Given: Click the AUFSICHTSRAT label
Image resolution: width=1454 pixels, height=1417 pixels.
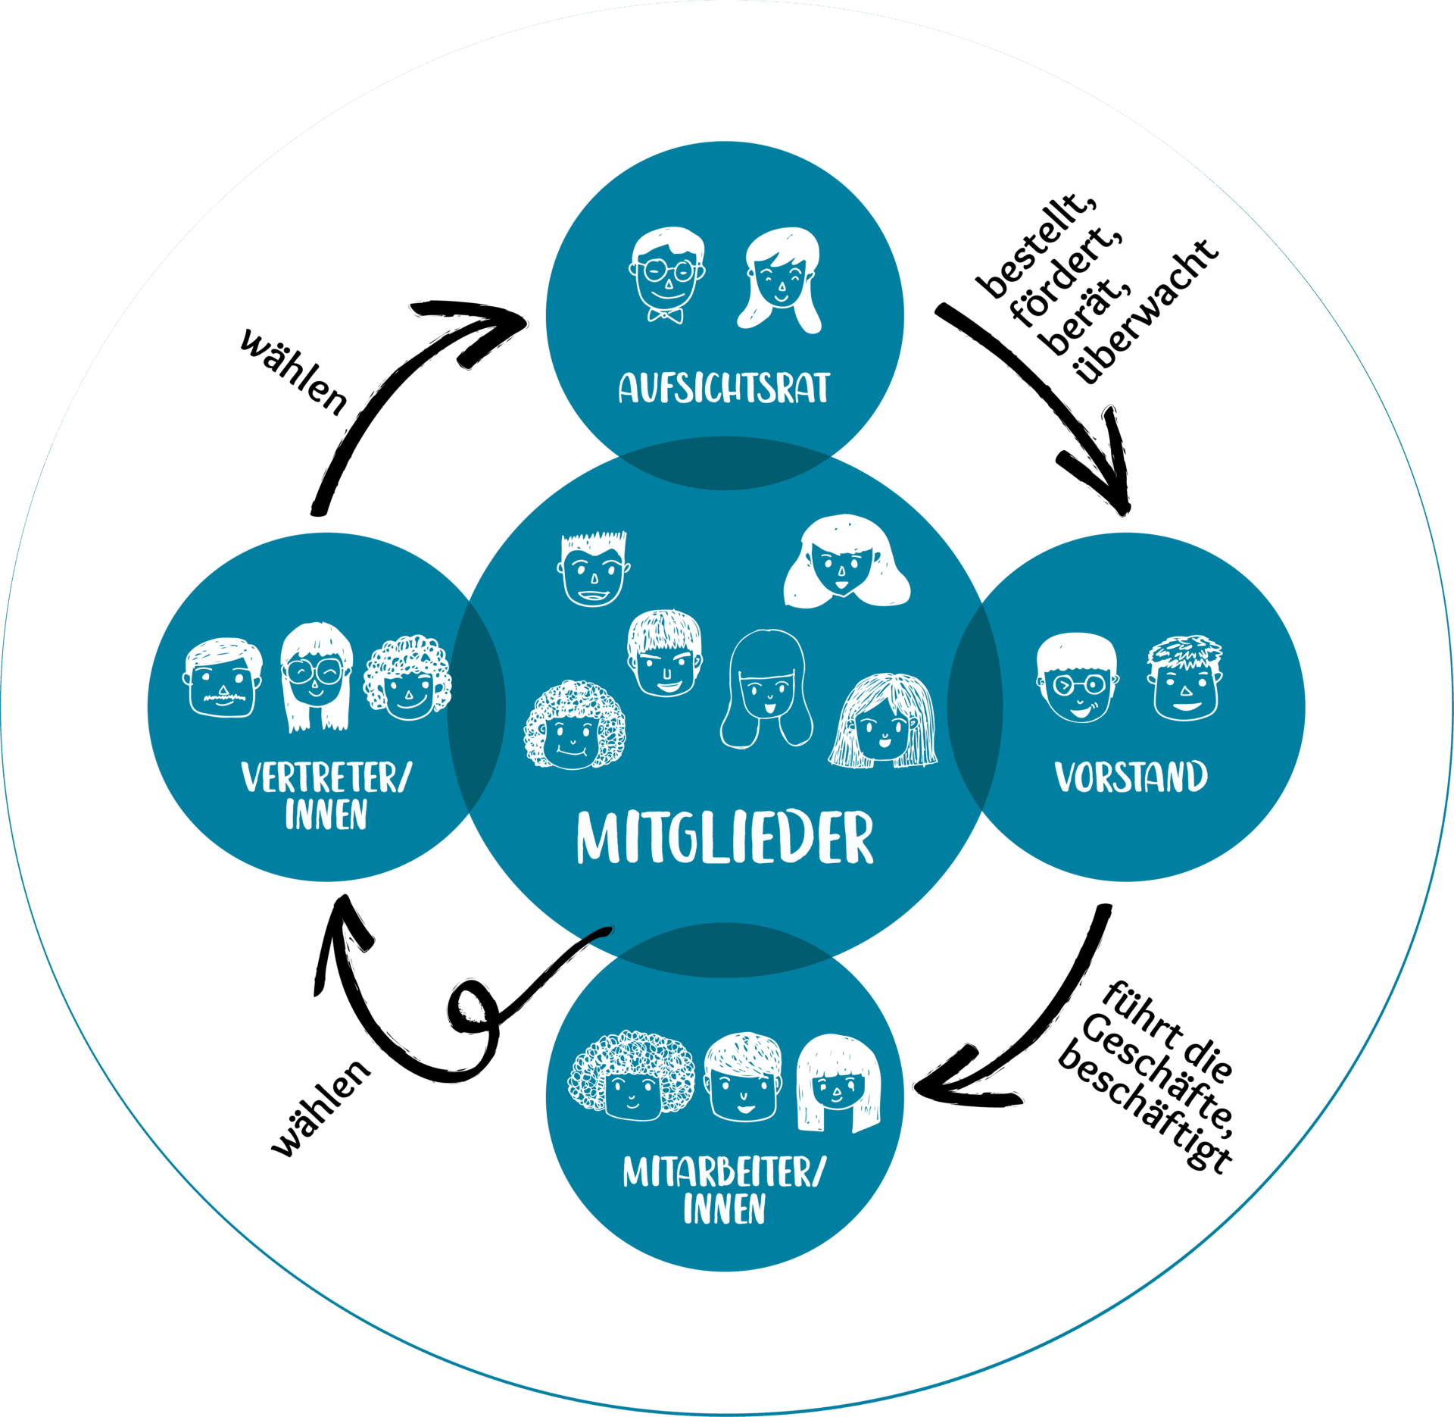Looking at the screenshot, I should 724,387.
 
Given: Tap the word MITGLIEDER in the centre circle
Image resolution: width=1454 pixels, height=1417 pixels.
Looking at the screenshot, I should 725,837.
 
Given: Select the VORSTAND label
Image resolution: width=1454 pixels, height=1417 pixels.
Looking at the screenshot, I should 1131,777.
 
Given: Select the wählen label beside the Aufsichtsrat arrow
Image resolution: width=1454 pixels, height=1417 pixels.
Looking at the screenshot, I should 295,371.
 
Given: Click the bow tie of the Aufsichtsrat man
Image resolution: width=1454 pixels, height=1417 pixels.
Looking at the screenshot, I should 665,314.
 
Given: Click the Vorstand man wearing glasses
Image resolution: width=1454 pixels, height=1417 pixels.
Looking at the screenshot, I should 1076,679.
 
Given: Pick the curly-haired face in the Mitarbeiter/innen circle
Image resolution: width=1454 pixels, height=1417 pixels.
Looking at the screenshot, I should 631,1077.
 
